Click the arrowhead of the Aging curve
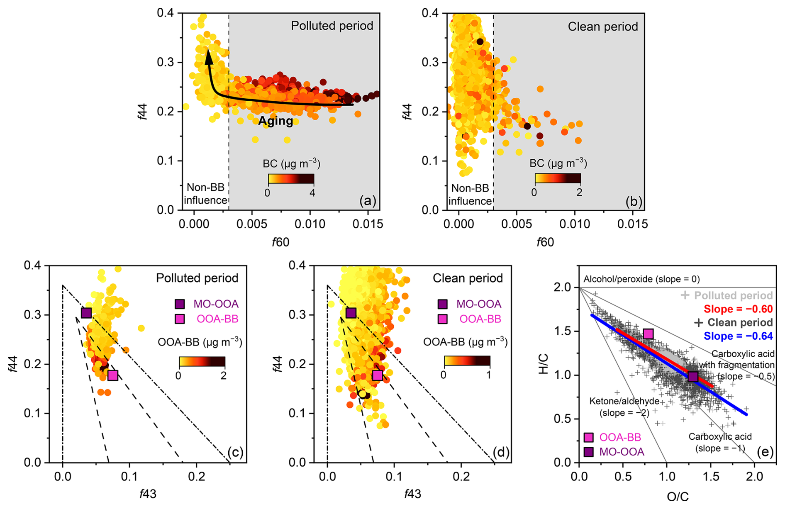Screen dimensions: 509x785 tap(209, 57)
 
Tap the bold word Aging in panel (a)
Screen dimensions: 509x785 tap(275, 121)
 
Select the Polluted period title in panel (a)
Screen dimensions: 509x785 tap(332, 26)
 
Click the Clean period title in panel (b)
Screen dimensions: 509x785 tap(602, 27)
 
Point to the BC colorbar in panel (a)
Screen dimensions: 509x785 tap(291, 179)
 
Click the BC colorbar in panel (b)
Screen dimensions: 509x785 tap(558, 179)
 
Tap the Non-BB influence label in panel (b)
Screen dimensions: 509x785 tap(470, 195)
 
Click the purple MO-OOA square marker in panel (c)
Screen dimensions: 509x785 tap(86, 313)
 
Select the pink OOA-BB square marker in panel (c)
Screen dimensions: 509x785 tap(113, 375)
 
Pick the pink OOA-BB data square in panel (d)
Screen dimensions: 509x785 tap(378, 375)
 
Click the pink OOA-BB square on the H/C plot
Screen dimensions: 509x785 tap(648, 334)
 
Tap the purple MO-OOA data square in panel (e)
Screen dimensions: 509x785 tap(692, 377)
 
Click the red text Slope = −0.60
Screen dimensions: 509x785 tap(738, 309)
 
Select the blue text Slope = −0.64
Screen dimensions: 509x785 tap(738, 336)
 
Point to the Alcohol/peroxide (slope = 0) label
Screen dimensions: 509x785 tap(635, 279)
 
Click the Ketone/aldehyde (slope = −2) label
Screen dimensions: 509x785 tap(624, 407)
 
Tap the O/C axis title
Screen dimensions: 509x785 tap(678, 496)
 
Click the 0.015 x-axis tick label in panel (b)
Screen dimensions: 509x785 tap(632, 224)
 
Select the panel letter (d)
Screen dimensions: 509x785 tap(501, 452)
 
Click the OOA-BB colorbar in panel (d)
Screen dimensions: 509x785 tap(467, 360)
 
